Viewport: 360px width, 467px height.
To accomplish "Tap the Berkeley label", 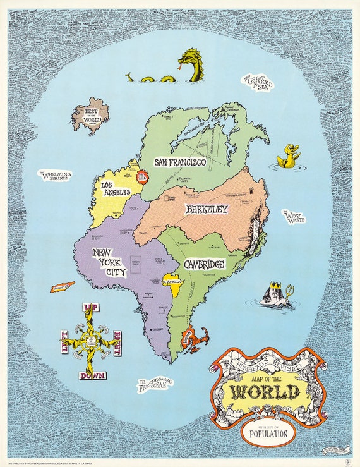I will pos(206,210).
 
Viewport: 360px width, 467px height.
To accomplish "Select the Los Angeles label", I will pos(116,188).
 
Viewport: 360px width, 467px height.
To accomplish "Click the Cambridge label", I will pos(204,264).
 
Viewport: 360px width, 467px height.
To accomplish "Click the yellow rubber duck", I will pos(289,156).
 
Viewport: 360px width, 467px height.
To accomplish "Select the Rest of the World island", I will pos(90,116).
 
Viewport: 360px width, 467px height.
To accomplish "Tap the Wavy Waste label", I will pos(294,218).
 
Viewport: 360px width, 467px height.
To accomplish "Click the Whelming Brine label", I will pos(56,176).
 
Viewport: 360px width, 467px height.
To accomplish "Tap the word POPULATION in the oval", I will pos(269,434).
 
